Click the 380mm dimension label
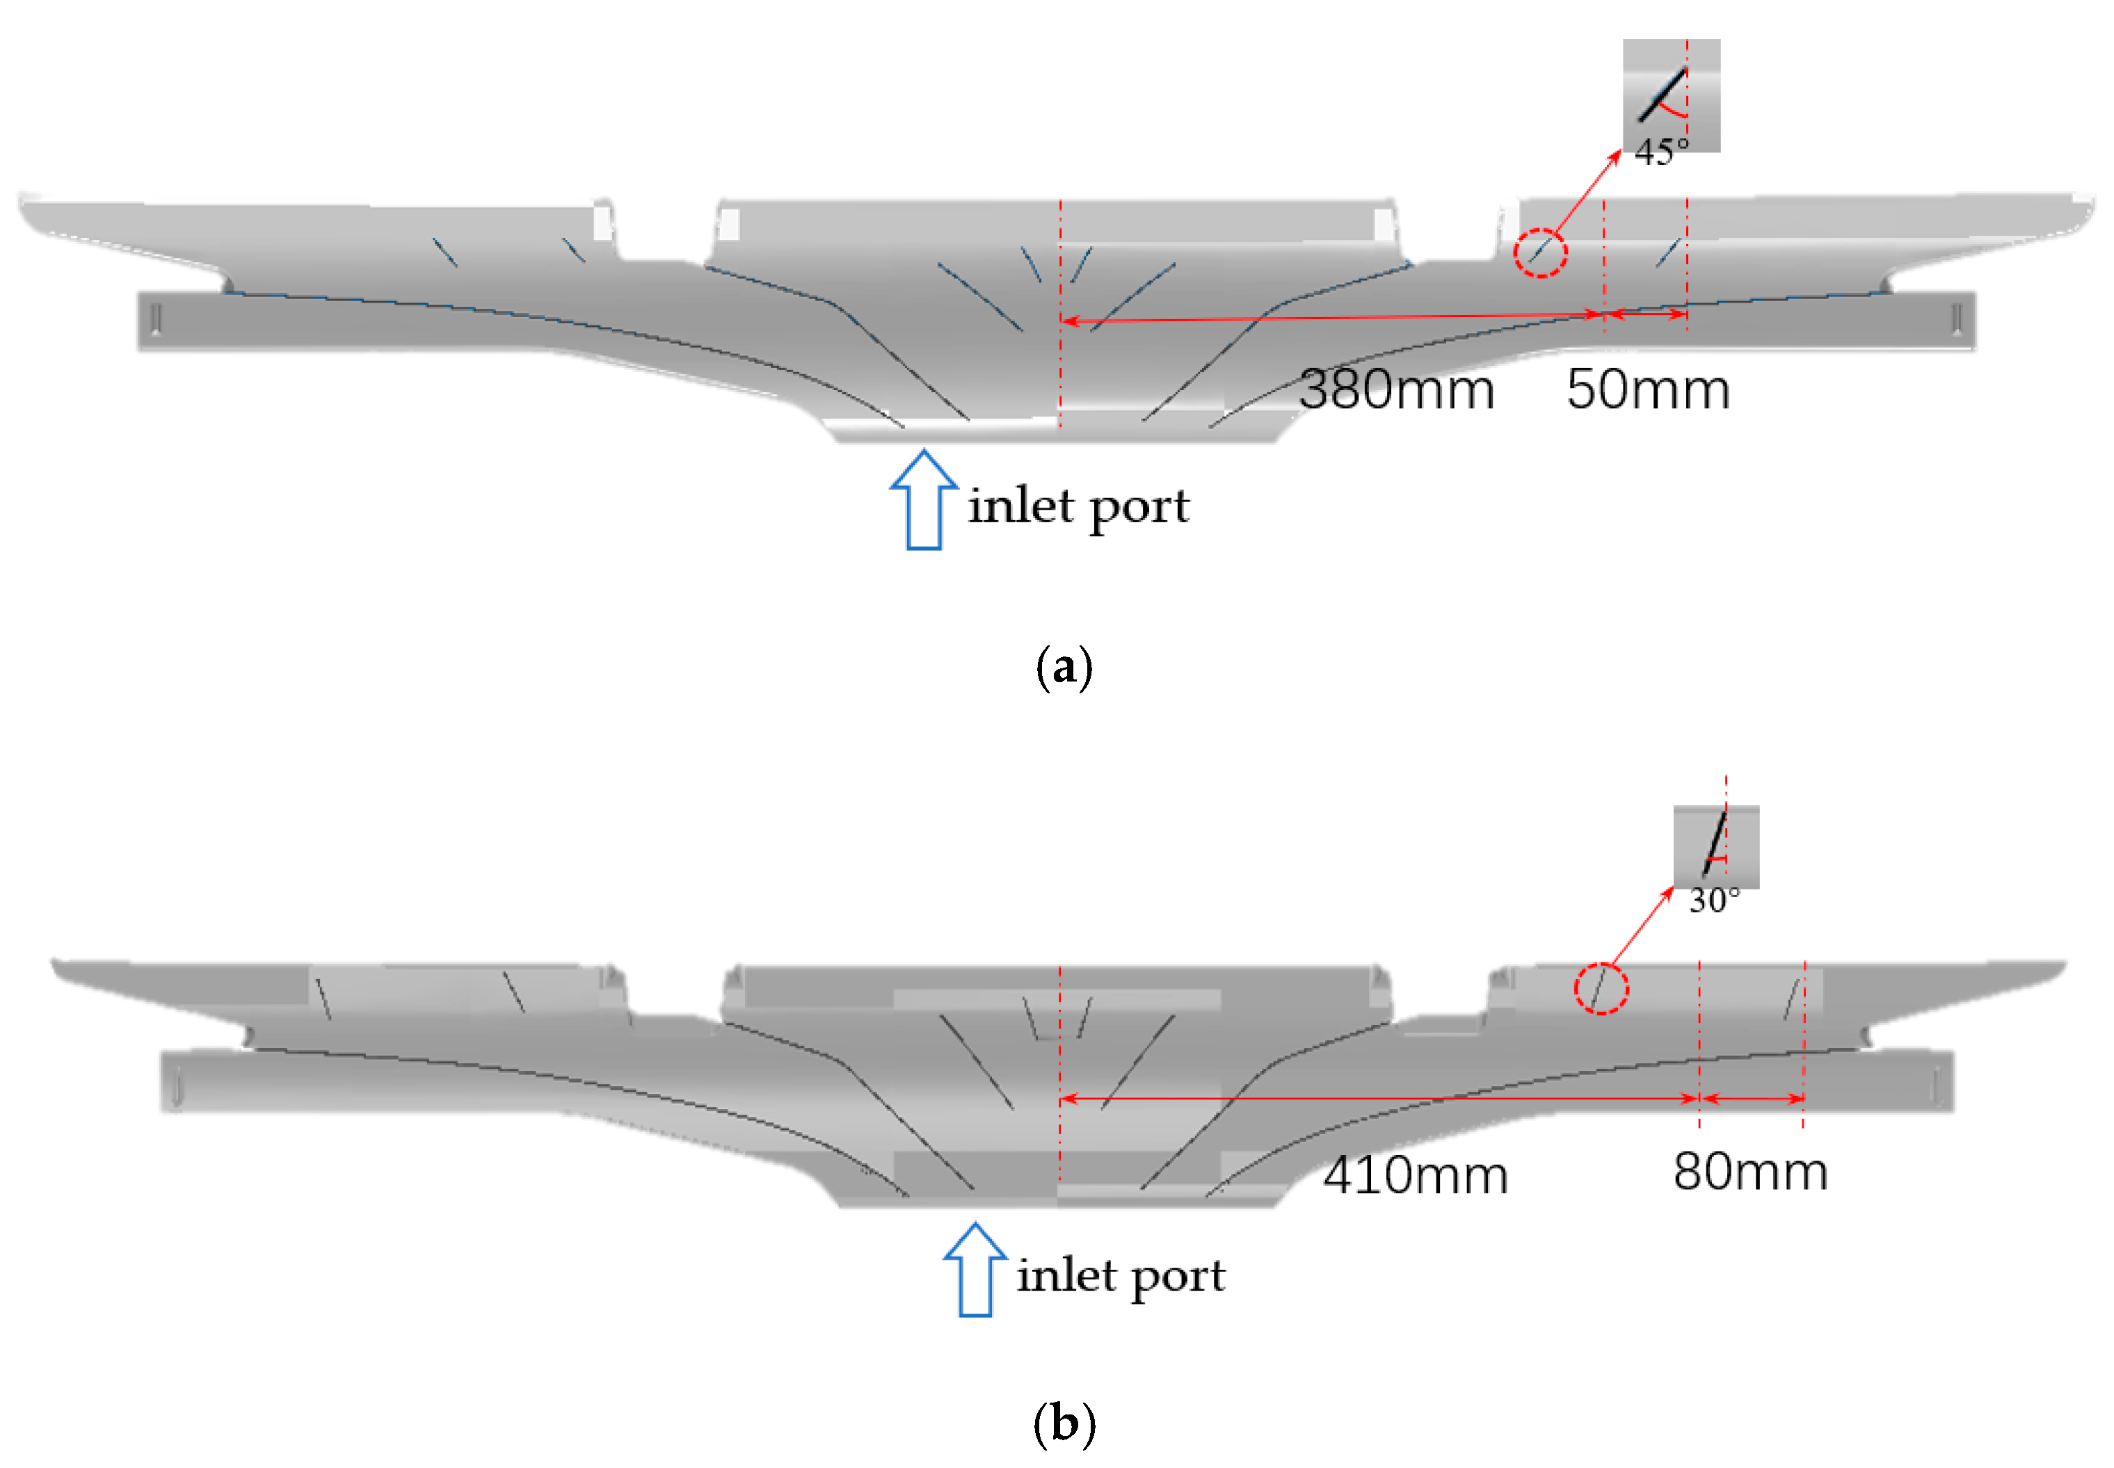click(1395, 390)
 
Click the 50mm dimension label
click(1648, 390)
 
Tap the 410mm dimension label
click(1415, 1175)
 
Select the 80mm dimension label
click(1749, 1172)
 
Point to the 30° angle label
click(1714, 901)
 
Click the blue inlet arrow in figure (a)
click(924, 501)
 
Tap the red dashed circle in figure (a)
click(1540, 252)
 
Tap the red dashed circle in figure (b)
click(1601, 989)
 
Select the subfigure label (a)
click(1064, 666)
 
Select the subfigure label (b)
click(1064, 1424)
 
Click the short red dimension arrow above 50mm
click(1647, 314)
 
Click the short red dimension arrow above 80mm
click(1752, 1098)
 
